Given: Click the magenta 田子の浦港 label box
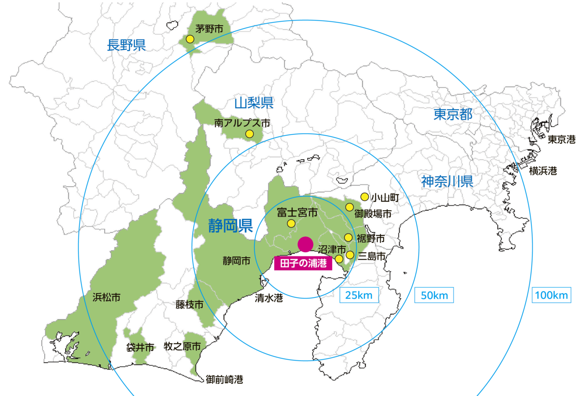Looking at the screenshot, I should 303,263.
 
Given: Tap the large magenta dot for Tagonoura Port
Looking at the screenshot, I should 305,244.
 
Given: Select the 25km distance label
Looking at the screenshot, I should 359,295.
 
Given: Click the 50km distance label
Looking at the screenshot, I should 434,295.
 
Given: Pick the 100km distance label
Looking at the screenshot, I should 551,295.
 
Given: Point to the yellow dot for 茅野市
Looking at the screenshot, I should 190,39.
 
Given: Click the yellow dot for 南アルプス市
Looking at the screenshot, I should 249,134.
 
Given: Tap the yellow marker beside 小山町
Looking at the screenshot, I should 364,197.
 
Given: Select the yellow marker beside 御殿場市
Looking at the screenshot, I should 349,207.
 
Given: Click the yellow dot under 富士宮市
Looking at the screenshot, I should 291,224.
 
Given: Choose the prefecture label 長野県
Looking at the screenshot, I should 126,45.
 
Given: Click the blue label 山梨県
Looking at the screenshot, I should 254,103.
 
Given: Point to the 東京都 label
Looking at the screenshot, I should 453,115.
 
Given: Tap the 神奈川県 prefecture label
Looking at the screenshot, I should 447,182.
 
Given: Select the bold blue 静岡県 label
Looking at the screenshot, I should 230,226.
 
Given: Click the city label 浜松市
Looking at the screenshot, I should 107,298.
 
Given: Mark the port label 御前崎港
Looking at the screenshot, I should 224,380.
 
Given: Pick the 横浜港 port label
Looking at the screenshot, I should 543,171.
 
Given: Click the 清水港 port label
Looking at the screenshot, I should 269,298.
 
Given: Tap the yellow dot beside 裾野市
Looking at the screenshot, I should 348,238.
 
